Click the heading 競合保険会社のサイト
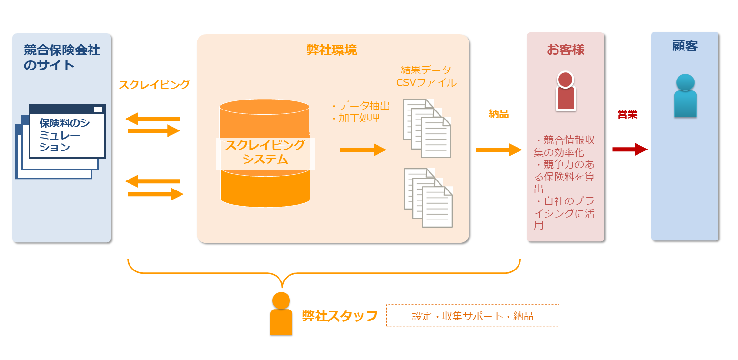coord(62,57)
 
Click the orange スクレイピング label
coord(154,85)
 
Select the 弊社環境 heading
coord(332,50)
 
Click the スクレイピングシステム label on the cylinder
coord(265,152)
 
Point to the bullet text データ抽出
coord(360,106)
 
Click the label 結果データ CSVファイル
coord(426,77)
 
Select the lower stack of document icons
coord(428,197)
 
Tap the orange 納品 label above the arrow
coord(499,114)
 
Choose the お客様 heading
coord(565,50)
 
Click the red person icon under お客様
coord(565,91)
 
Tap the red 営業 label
coord(627,114)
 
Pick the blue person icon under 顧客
coord(685,96)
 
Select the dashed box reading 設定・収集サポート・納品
coord(472,316)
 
